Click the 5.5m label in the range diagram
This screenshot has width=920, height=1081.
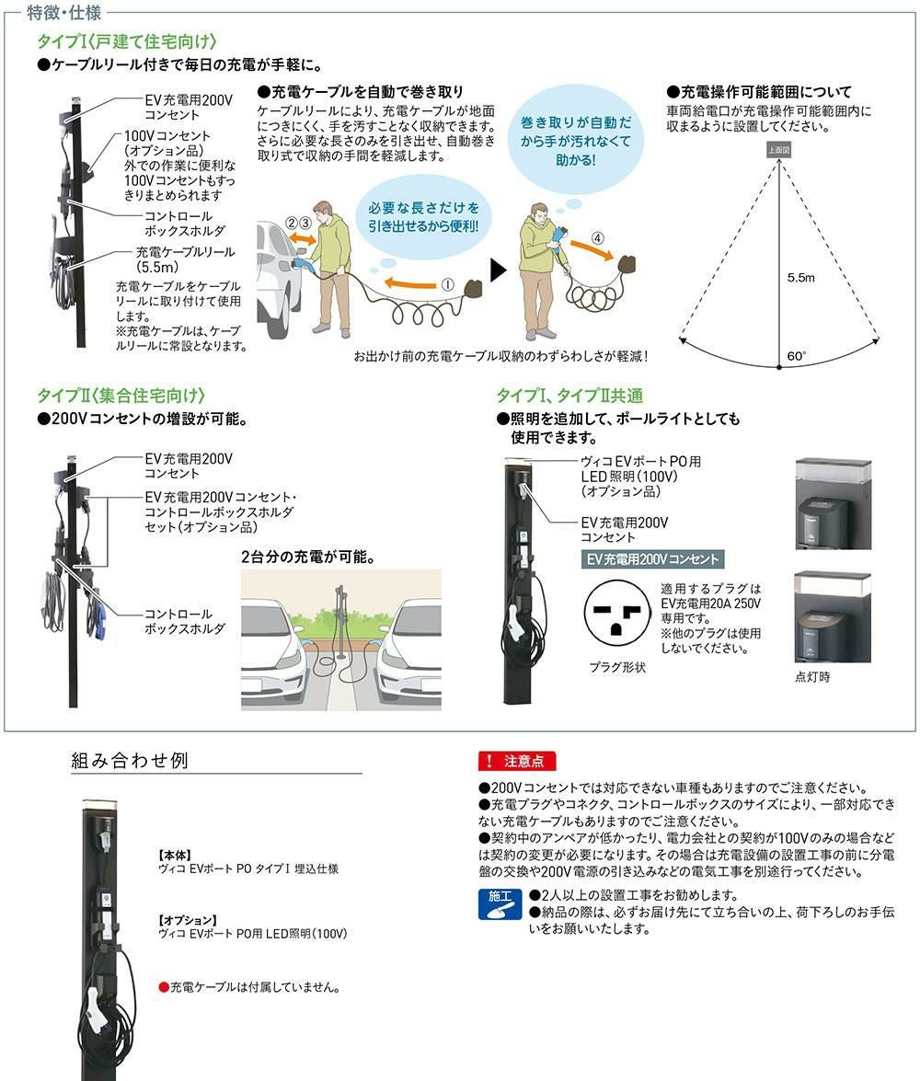[800, 278]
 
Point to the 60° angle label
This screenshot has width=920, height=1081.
[796, 356]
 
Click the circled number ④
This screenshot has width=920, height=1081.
[597, 238]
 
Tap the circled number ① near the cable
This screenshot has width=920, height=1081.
[448, 284]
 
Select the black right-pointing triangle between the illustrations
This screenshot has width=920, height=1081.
[498, 270]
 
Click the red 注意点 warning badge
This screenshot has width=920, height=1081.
[516, 761]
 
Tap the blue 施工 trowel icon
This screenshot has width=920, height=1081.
[500, 904]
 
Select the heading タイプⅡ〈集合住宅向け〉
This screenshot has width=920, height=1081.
[121, 396]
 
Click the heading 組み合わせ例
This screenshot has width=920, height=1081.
[130, 760]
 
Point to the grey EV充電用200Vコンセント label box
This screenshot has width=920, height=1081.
[652, 559]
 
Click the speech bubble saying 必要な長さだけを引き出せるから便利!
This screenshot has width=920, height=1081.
[423, 216]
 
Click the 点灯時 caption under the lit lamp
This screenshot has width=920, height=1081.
[812, 677]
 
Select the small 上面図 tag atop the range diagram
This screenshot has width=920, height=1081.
[778, 150]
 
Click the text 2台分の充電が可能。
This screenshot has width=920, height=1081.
[308, 557]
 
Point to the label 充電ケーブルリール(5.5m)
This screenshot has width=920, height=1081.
[185, 259]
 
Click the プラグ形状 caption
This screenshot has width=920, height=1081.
[617, 667]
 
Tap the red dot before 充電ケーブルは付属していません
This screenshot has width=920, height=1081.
[164, 987]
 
